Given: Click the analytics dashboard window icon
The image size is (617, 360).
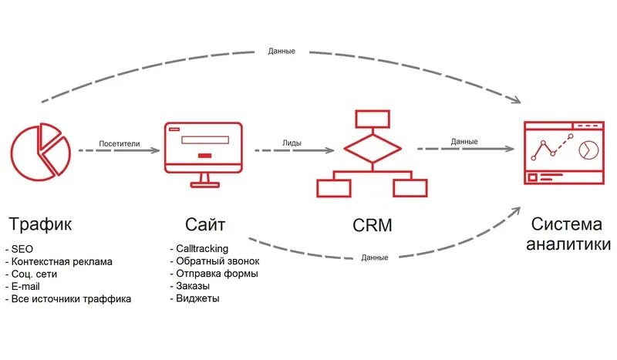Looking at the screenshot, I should (x=564, y=152).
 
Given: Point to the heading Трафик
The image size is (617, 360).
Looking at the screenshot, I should (x=40, y=224).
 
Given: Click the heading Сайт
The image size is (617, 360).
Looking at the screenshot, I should (x=205, y=224).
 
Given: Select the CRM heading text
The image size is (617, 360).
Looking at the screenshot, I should (x=372, y=225).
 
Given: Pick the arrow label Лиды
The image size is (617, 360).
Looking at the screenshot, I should (x=292, y=142).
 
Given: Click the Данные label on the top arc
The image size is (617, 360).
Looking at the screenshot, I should (x=282, y=51).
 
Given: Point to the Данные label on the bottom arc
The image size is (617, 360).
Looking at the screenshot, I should (x=374, y=257).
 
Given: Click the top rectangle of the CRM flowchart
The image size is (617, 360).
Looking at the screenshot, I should (x=372, y=119).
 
